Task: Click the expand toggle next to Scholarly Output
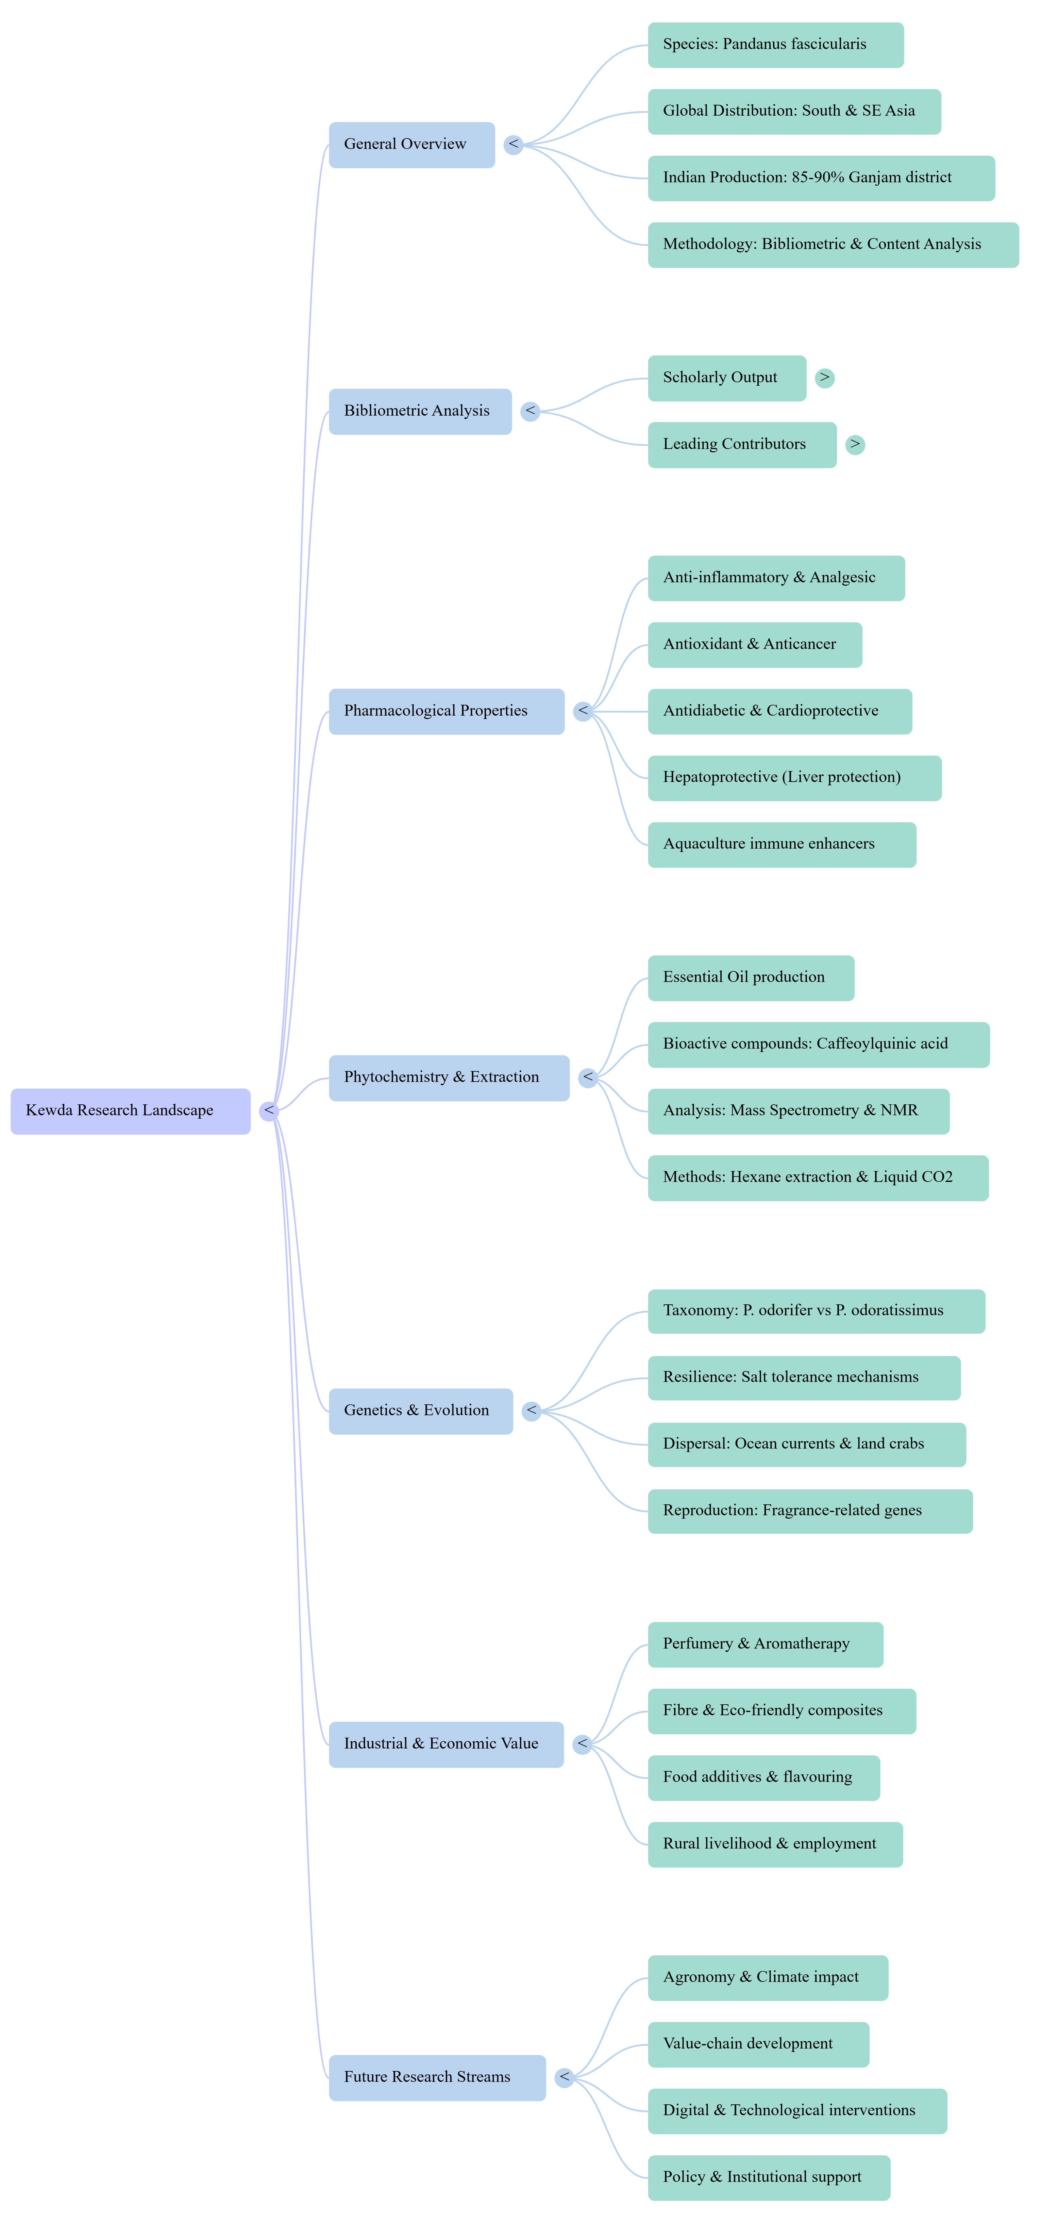(x=825, y=378)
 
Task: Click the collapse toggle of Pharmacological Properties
(x=583, y=711)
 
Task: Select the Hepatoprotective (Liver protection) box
(x=794, y=778)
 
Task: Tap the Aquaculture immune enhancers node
(x=781, y=844)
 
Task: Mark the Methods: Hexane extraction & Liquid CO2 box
(x=817, y=1177)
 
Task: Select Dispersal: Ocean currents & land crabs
(x=806, y=1444)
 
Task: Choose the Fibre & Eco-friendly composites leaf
(x=781, y=1710)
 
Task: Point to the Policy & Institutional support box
(x=768, y=2177)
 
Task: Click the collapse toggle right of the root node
(x=269, y=1110)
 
